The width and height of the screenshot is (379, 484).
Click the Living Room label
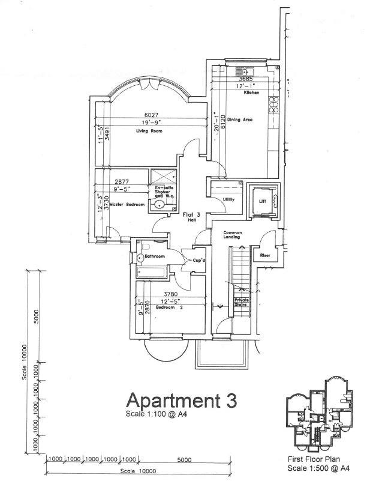149,130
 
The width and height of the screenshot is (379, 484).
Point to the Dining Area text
239,119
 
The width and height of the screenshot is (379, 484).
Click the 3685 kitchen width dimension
245,79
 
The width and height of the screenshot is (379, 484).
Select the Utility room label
228,199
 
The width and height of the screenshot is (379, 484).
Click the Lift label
262,202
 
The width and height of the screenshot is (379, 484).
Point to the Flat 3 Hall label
175,217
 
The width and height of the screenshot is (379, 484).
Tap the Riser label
265,255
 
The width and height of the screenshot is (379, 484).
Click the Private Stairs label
241,303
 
